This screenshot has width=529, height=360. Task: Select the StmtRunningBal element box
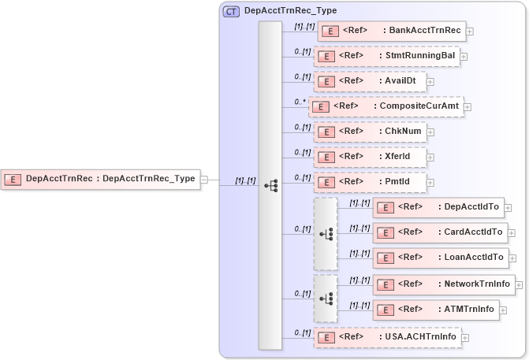point(386,56)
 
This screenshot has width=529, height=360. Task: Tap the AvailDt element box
point(370,80)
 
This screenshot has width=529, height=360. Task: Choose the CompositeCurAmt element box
point(386,106)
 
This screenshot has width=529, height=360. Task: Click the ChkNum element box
point(370,131)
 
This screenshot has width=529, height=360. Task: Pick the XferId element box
point(370,157)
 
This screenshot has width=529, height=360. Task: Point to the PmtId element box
point(370,183)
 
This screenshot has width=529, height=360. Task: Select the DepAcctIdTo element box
point(438,207)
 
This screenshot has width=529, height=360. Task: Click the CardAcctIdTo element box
point(439,232)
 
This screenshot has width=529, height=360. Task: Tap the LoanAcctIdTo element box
point(440,258)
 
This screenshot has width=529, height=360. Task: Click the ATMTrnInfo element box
point(434,310)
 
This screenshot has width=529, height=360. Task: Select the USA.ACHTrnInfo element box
point(386,337)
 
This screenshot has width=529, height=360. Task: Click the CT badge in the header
point(232,12)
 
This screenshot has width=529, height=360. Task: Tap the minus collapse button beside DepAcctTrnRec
point(203,179)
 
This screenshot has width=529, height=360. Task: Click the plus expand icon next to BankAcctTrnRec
point(470,32)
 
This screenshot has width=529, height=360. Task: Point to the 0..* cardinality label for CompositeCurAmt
point(299,101)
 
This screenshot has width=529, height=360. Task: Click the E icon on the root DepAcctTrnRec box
point(13,179)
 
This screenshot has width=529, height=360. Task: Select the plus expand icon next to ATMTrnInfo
point(503,310)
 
